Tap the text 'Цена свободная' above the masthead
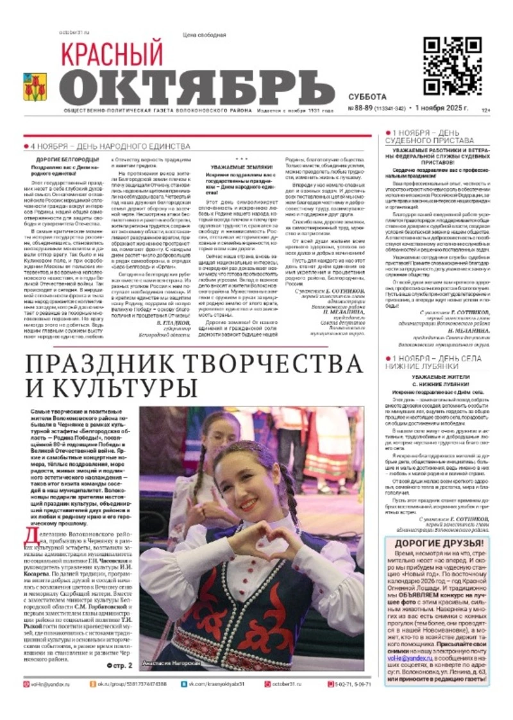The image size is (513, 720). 204,35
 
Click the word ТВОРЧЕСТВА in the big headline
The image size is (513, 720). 265,364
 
